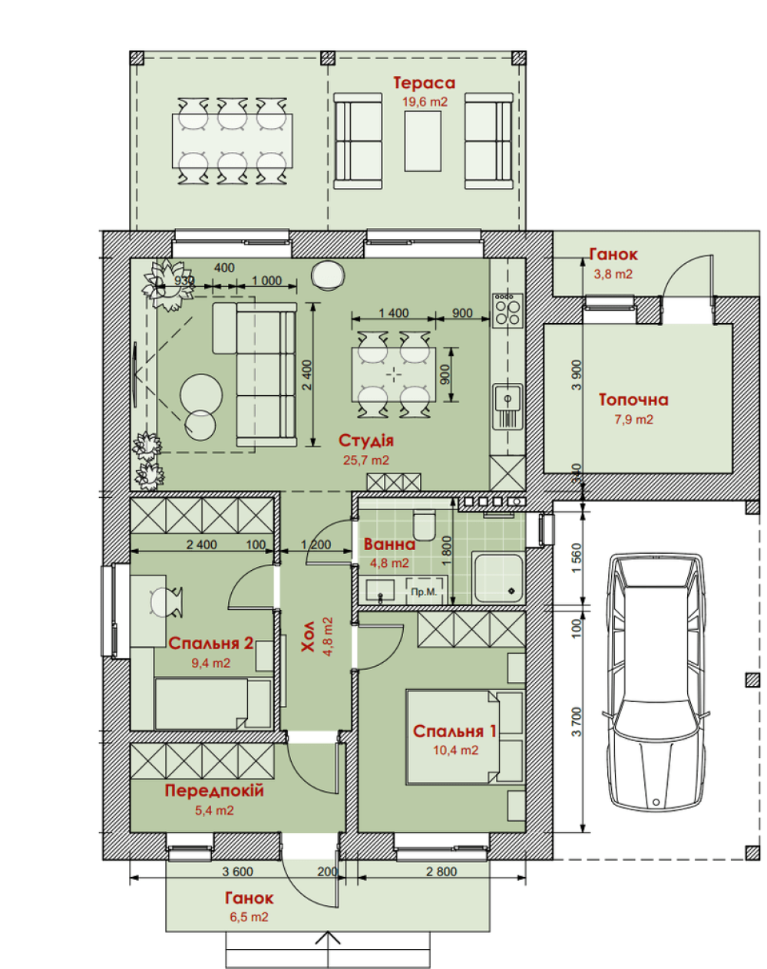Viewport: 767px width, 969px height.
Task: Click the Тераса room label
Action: pyautogui.click(x=424, y=83)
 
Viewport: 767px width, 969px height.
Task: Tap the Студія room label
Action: pyautogui.click(x=366, y=440)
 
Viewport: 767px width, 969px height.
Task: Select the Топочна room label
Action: pyautogui.click(x=633, y=400)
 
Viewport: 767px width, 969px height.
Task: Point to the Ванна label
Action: pyautogui.click(x=389, y=545)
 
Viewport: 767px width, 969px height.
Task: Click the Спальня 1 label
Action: pyautogui.click(x=455, y=731)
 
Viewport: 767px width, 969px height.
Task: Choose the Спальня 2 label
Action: pyautogui.click(x=210, y=644)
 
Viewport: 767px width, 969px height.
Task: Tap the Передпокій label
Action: pyautogui.click(x=214, y=791)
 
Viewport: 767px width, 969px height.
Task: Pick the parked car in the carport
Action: pyautogui.click(x=654, y=683)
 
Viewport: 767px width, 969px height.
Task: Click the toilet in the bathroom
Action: pyautogui.click(x=424, y=525)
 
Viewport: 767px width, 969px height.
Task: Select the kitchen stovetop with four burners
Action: pyautogui.click(x=507, y=310)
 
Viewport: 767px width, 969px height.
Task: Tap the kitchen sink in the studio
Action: pyautogui.click(x=507, y=406)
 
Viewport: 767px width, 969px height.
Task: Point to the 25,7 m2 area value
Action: pyautogui.click(x=366, y=460)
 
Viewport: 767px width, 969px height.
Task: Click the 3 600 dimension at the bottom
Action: pyautogui.click(x=237, y=872)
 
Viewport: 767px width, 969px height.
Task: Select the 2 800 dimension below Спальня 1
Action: pyautogui.click(x=441, y=872)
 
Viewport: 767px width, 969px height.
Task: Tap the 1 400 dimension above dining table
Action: pyautogui.click(x=393, y=313)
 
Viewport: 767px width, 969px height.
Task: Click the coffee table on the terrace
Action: pyautogui.click(x=422, y=141)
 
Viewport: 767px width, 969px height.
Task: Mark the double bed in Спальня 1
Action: pyautogui.click(x=465, y=737)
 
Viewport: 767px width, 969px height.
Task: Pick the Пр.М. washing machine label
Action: pyautogui.click(x=424, y=592)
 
